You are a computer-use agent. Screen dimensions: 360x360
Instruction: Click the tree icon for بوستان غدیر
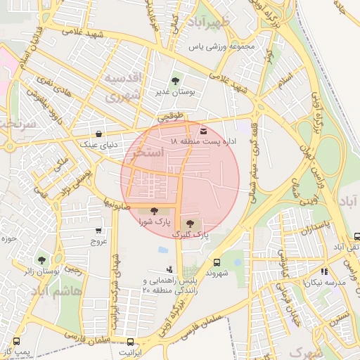(x=175, y=81)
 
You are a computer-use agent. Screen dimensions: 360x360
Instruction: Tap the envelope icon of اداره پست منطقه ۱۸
(x=203, y=131)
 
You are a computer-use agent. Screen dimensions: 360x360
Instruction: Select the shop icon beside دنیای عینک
(x=98, y=133)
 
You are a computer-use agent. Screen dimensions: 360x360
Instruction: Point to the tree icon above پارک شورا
(x=154, y=211)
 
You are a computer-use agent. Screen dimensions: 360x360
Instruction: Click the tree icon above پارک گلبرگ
(x=191, y=221)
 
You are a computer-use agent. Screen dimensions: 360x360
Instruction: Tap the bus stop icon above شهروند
(x=217, y=261)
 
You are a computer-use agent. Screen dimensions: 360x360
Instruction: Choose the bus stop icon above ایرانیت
(x=129, y=341)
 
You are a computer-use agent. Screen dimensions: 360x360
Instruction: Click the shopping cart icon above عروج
(x=98, y=230)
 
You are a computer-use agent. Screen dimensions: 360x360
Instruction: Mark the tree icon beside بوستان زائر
(x=42, y=259)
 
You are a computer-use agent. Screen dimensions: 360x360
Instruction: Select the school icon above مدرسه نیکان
(x=323, y=271)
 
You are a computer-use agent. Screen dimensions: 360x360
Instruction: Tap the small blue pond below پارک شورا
(x=163, y=250)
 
